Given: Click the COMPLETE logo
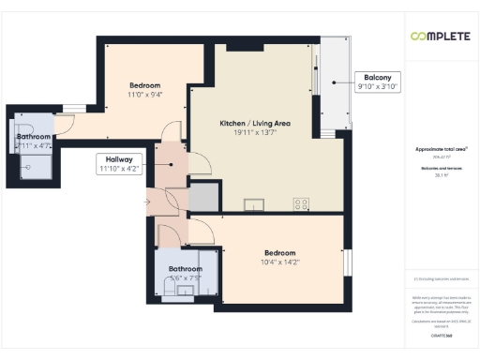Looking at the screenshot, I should pyautogui.click(x=441, y=36).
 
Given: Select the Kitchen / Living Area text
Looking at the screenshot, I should pyautogui.click(x=253, y=124).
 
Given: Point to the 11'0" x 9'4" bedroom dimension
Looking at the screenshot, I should pyautogui.click(x=145, y=94).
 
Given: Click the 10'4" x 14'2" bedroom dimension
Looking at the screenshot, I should pyautogui.click(x=279, y=263).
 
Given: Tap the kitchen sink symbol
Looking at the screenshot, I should pyautogui.click(x=254, y=202).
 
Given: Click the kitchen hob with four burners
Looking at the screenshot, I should pyautogui.click(x=302, y=202).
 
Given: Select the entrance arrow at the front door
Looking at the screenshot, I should pyautogui.click(x=147, y=201).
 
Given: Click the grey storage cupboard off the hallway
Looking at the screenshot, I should pyautogui.click(x=203, y=198).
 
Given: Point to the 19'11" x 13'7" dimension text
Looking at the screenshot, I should pyautogui.click(x=253, y=134).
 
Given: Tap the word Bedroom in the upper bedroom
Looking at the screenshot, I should pyautogui.click(x=145, y=84).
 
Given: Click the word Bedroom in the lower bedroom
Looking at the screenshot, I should pyautogui.click(x=279, y=253).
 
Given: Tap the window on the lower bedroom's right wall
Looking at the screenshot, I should pyautogui.click(x=345, y=263).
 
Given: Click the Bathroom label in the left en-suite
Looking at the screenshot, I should pyautogui.click(x=33, y=137).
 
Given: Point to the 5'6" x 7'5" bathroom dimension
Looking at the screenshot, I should pyautogui.click(x=185, y=277).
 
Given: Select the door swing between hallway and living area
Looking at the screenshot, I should pyautogui.click(x=198, y=164).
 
